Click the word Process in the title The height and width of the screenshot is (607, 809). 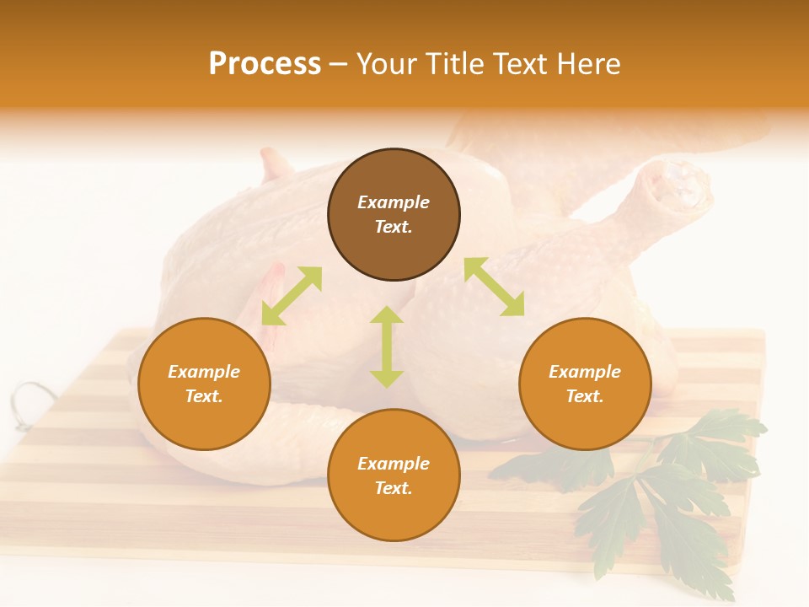265,64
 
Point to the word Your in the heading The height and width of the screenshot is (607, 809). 387,64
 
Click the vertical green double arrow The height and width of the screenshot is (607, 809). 387,346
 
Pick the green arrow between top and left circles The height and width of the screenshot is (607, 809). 292,296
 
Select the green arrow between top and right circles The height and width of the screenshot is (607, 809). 495,287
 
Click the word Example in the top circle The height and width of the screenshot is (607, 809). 394,202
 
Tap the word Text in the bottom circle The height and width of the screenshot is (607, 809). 394,488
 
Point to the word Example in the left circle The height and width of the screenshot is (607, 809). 204,372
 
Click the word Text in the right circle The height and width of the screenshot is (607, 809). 585,396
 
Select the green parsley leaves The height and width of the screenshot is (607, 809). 666,489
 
